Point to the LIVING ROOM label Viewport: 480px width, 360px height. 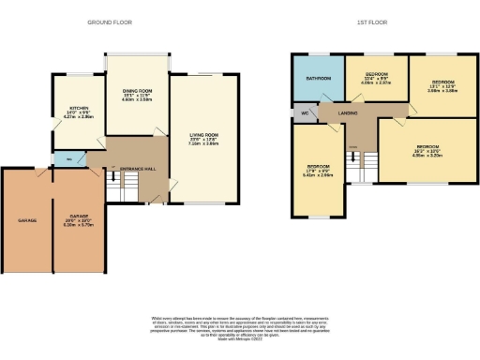coord(198,137)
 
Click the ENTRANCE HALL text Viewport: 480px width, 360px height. coord(137,168)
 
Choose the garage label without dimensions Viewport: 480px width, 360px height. coord(26,221)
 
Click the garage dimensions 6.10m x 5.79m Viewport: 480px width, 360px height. coord(78,226)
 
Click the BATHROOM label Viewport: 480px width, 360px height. coord(318,78)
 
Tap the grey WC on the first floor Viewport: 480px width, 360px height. coord(305,113)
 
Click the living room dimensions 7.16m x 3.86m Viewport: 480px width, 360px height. coord(198,145)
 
